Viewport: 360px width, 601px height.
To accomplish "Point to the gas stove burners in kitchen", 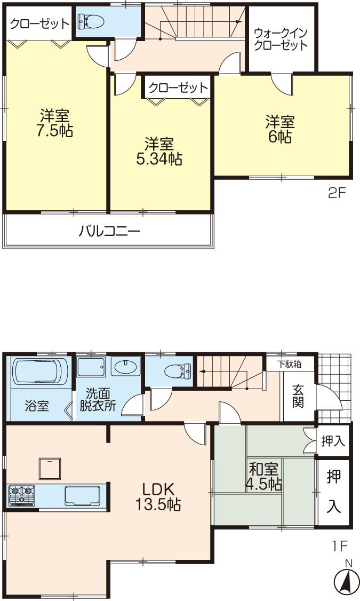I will [x=21, y=495].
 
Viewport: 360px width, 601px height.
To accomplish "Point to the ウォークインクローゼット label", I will [x=281, y=38].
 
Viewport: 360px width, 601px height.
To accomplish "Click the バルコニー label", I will [x=109, y=232].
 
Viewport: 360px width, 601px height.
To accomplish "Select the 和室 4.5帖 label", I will [x=263, y=477].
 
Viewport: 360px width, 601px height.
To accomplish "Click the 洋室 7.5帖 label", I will [x=55, y=123].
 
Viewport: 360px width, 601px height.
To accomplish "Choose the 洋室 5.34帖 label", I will [x=159, y=151].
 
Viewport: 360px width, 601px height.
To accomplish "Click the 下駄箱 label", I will [x=290, y=364].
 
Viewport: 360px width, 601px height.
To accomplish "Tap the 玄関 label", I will [x=298, y=397].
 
